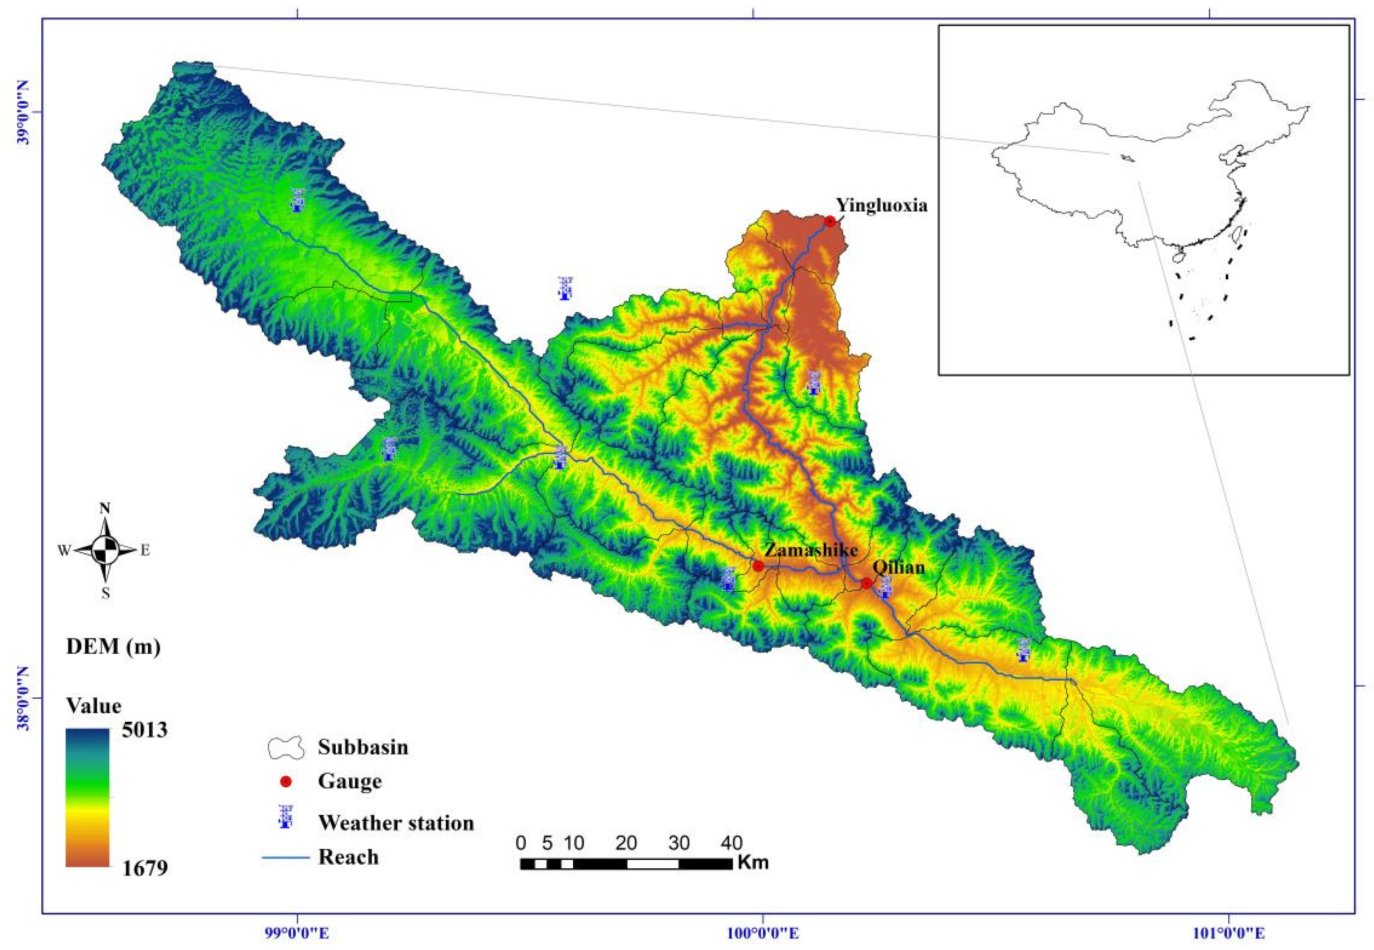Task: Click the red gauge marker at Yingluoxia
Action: click(x=830, y=222)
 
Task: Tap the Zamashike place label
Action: click(x=810, y=549)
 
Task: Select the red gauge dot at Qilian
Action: click(x=866, y=583)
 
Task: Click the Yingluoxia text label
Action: click(x=882, y=206)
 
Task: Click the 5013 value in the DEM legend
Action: click(x=145, y=730)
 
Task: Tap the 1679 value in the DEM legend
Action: click(x=145, y=868)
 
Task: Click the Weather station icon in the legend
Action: click(x=286, y=817)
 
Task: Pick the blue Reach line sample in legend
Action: click(x=286, y=858)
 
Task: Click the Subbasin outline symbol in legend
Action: click(x=285, y=747)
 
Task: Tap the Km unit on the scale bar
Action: click(x=753, y=862)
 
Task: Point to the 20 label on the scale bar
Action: click(x=626, y=843)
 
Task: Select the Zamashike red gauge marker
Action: click(x=758, y=565)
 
